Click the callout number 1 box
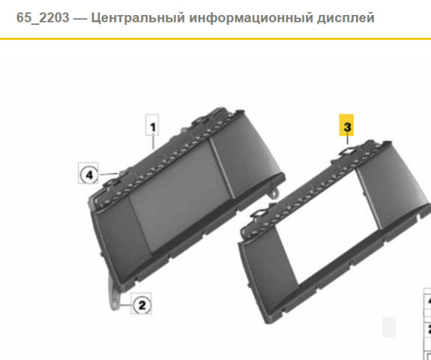pyautogui.click(x=152, y=125)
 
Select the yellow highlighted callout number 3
pyautogui.click(x=346, y=125)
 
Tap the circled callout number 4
pyautogui.click(x=88, y=173)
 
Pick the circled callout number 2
pyautogui.click(x=141, y=304)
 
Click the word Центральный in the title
pyautogui.click(x=138, y=17)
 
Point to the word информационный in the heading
pyautogui.click(x=251, y=18)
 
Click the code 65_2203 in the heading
pyautogui.click(x=43, y=17)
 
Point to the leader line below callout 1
pyautogui.click(x=153, y=142)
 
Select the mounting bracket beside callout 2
pyautogui.click(x=114, y=294)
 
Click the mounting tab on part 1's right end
pyautogui.click(x=275, y=192)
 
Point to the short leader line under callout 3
pyautogui.click(x=348, y=139)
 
